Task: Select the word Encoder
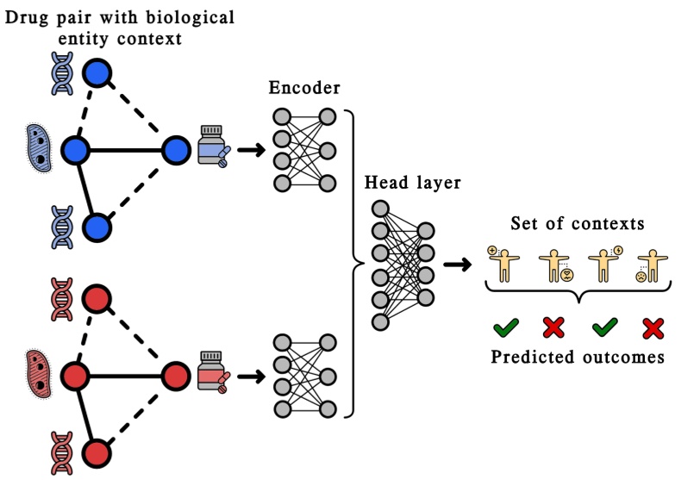coord(303,88)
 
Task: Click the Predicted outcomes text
coord(578,358)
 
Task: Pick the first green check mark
coord(506,327)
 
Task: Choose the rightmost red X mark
coord(653,327)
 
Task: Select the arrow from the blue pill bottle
coord(251,150)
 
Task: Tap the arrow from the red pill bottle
coord(251,376)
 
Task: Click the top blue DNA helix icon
coord(64,76)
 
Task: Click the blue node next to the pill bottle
coord(176,150)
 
